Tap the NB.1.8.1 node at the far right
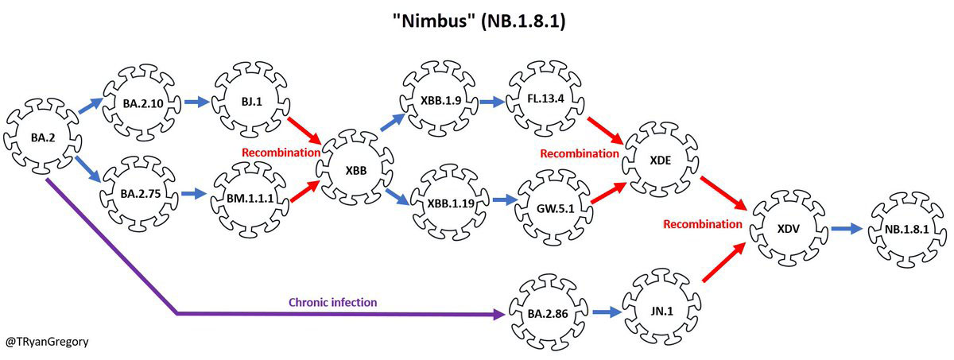click(x=906, y=229)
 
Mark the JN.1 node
click(x=659, y=312)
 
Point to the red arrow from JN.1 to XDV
click(x=724, y=263)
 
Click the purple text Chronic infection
click(x=332, y=302)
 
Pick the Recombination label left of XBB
click(x=281, y=151)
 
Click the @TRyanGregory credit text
click(x=47, y=342)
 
